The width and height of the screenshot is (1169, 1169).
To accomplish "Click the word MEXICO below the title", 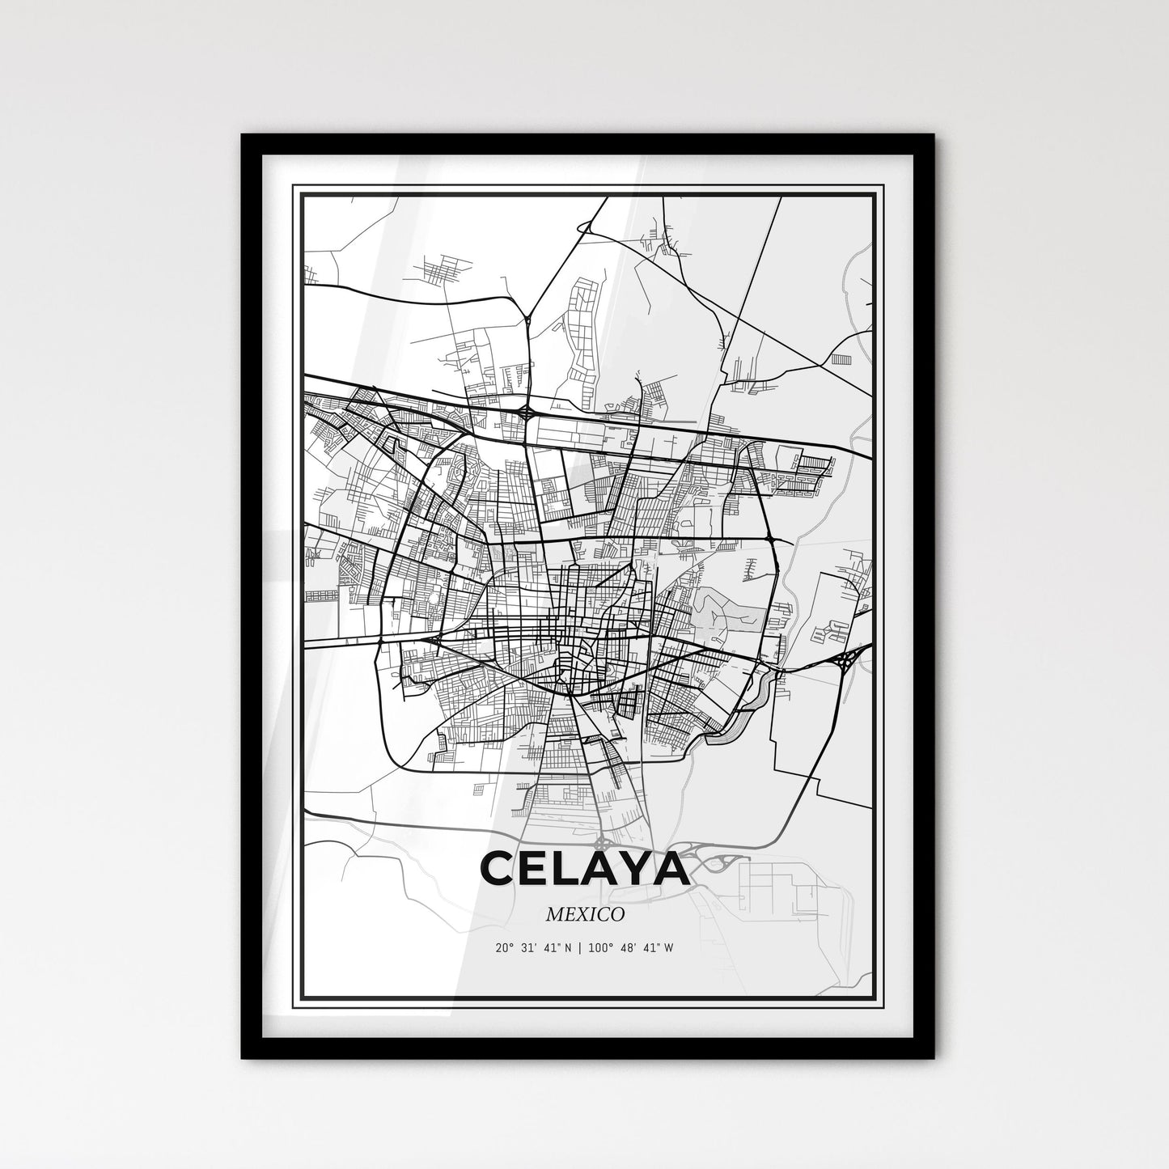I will [585, 915].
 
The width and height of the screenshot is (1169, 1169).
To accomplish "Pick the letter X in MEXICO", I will [584, 915].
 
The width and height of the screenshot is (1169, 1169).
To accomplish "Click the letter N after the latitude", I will [566, 947].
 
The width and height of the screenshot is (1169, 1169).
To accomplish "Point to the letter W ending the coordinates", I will [667, 947].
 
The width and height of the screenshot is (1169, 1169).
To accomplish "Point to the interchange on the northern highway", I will [527, 413].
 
